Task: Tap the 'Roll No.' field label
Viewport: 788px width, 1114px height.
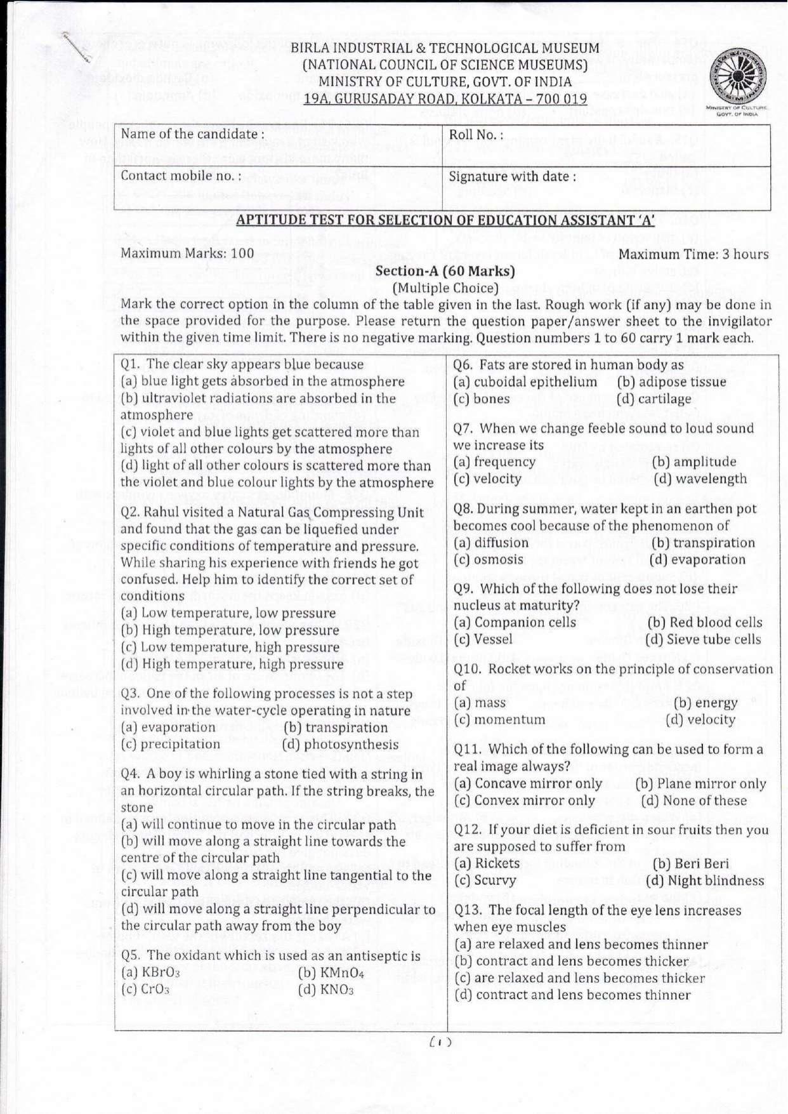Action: point(476,135)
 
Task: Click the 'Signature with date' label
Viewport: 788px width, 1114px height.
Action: point(512,176)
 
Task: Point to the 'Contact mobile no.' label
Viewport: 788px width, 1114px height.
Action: point(181,176)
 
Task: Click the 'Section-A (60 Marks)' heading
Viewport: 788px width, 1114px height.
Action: point(445,271)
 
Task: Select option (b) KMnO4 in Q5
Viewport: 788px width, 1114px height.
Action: point(331,972)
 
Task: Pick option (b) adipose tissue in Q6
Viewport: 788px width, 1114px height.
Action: point(671,381)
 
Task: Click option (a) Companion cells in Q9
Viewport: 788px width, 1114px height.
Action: point(515,623)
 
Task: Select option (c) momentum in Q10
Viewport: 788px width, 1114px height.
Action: point(499,720)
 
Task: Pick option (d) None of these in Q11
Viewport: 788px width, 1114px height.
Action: point(693,800)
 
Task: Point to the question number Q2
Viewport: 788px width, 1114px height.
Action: point(131,512)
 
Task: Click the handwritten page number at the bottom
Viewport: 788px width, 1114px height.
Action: point(440,1042)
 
